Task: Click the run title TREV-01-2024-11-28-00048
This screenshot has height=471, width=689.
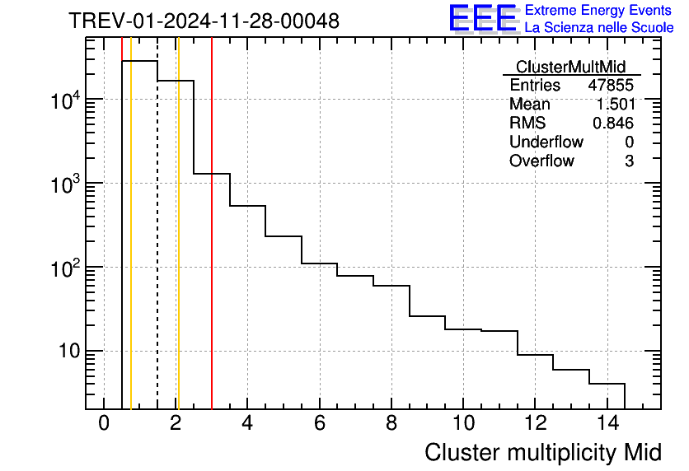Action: (x=204, y=21)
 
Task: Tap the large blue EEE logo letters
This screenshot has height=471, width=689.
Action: (x=482, y=18)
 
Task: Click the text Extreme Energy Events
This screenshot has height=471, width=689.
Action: (x=599, y=11)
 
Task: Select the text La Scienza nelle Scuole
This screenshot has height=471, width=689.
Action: (x=599, y=27)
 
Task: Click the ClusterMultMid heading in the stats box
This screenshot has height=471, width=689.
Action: (x=570, y=67)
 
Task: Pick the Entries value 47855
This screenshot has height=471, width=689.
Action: (x=611, y=86)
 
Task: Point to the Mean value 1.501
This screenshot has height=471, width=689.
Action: (x=615, y=105)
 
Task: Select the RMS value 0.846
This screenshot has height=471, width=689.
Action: (x=613, y=124)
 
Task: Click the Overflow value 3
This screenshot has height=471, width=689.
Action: (x=629, y=161)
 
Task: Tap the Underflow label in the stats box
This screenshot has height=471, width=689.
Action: (x=546, y=142)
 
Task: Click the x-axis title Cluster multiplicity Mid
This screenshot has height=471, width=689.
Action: (x=543, y=452)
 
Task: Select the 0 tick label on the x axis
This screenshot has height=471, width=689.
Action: (x=104, y=425)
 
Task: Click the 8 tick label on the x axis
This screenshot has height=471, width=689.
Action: (x=391, y=425)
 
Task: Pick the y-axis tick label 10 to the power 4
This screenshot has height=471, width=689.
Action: (x=63, y=101)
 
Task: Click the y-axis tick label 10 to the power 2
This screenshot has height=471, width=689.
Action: (x=63, y=269)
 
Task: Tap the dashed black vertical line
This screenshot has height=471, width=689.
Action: (x=157, y=247)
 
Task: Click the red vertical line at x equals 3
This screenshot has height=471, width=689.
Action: (x=212, y=247)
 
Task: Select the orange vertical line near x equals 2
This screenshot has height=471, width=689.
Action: (x=178, y=247)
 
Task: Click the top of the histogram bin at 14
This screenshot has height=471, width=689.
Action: (x=607, y=384)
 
